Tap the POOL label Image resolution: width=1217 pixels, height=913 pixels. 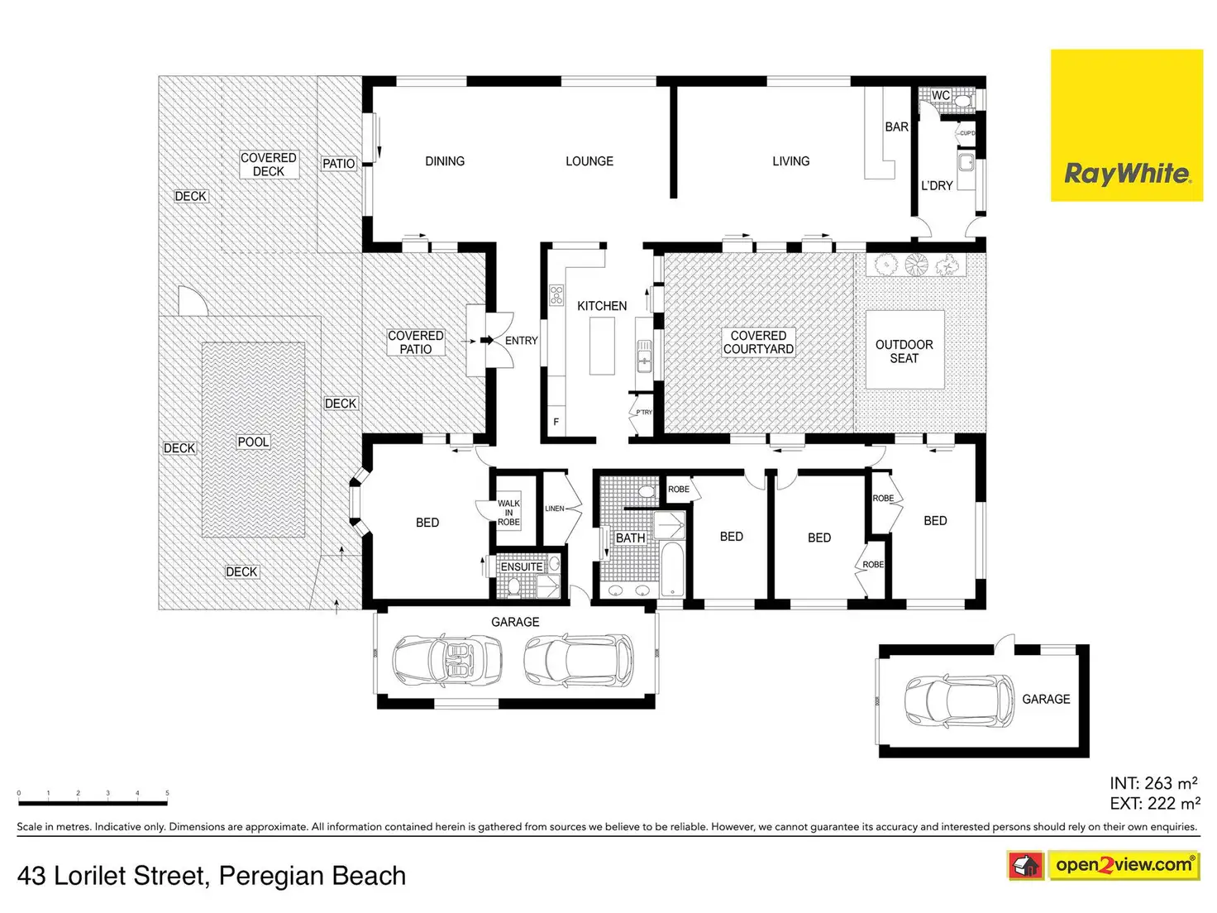point(253,442)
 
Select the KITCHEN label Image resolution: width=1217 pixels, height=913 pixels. point(602,306)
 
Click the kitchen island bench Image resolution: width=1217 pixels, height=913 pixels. point(602,346)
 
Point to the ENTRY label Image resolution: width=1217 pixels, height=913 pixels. point(521,341)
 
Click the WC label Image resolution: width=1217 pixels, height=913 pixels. point(941,96)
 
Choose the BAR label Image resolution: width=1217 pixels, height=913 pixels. point(896,127)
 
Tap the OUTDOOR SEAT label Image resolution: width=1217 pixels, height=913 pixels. point(904,351)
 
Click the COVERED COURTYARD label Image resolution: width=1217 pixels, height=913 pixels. point(758,342)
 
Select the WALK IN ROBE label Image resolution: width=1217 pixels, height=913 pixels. point(508,513)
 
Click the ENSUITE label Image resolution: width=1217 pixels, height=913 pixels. point(522,567)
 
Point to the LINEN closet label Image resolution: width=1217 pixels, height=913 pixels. point(554,509)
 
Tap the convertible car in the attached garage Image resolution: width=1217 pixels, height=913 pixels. point(447,659)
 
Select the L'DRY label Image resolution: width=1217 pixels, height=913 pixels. point(937,186)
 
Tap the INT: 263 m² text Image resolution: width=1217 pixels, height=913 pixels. point(1153,783)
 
